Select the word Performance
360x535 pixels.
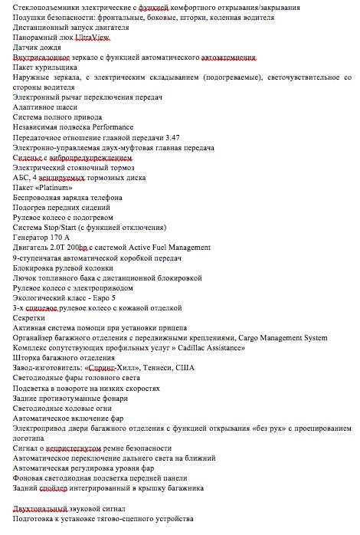coord(112,127)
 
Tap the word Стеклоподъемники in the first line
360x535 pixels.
coord(45,7)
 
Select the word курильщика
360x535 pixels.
coord(64,67)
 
